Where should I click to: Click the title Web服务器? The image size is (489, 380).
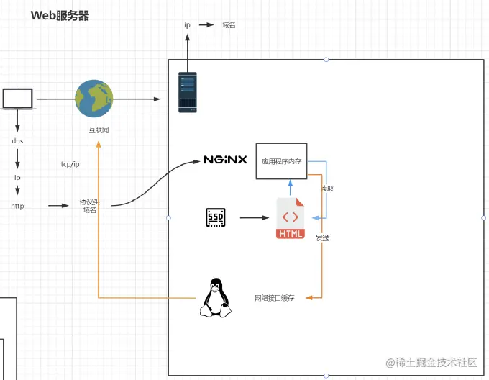(60, 15)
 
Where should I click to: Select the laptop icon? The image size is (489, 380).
(18, 99)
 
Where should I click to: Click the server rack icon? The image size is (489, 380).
(188, 92)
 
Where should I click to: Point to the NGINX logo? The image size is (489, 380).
(225, 160)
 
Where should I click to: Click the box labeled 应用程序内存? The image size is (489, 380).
(281, 161)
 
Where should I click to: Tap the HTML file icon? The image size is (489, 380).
(291, 219)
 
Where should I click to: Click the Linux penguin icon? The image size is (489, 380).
(215, 297)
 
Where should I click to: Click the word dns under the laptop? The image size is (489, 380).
(18, 141)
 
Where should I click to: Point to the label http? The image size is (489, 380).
(17, 206)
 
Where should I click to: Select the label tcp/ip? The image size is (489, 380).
(70, 164)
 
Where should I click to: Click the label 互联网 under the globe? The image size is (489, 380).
(99, 130)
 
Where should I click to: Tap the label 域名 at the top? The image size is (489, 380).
(229, 24)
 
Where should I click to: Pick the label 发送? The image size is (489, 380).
(323, 237)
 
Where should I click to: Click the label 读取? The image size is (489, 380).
(327, 189)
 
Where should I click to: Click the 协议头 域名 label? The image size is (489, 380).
(90, 206)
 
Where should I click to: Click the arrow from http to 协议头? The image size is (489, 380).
(58, 206)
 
